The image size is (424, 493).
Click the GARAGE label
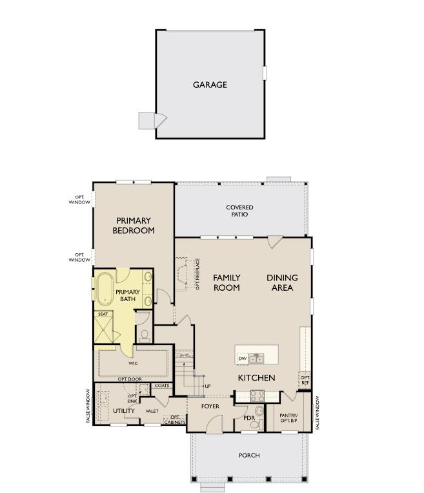click(210, 85)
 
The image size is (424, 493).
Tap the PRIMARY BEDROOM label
click(134, 226)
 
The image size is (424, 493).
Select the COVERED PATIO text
click(239, 211)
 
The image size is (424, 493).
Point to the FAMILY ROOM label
click(227, 282)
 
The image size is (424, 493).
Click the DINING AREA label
click(282, 282)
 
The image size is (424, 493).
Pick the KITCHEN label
click(256, 378)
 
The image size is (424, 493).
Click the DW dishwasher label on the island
click(242, 359)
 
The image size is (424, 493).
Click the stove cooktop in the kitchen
click(257, 396)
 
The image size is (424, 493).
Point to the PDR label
click(250, 418)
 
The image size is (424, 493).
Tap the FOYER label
click(210, 406)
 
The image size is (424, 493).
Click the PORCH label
click(249, 456)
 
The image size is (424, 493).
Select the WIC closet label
click(133, 363)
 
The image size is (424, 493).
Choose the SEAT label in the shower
click(103, 314)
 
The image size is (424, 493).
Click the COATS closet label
click(162, 386)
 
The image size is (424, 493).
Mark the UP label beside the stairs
click(207, 386)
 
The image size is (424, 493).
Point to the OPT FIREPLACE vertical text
click(197, 274)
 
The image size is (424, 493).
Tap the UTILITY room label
click(124, 411)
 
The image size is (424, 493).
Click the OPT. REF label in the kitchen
click(305, 380)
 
